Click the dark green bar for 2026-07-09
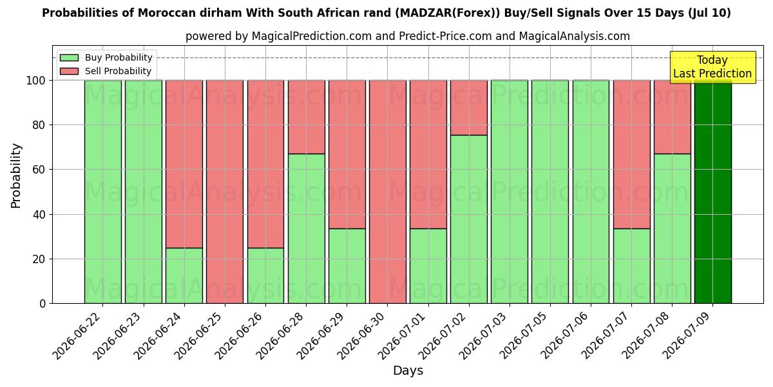pyautogui.click(x=713, y=192)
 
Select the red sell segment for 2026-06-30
pyautogui.click(x=388, y=192)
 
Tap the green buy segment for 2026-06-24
pyautogui.click(x=184, y=276)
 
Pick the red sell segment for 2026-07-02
pyautogui.click(x=469, y=108)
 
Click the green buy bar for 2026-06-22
pyautogui.click(x=103, y=192)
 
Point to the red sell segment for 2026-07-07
pyautogui.click(x=631, y=154)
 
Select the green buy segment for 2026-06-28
pyautogui.click(x=307, y=229)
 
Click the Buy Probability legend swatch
pyautogui.click(x=69, y=57)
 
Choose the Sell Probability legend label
pyautogui.click(x=118, y=71)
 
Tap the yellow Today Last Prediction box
pyautogui.click(x=712, y=67)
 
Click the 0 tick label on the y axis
pyautogui.click(x=43, y=304)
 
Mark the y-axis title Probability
pyautogui.click(x=16, y=175)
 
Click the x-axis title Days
pyautogui.click(x=408, y=370)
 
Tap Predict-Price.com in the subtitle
pyautogui.click(x=445, y=36)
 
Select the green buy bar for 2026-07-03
pyautogui.click(x=510, y=192)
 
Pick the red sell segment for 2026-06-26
pyautogui.click(x=265, y=164)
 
